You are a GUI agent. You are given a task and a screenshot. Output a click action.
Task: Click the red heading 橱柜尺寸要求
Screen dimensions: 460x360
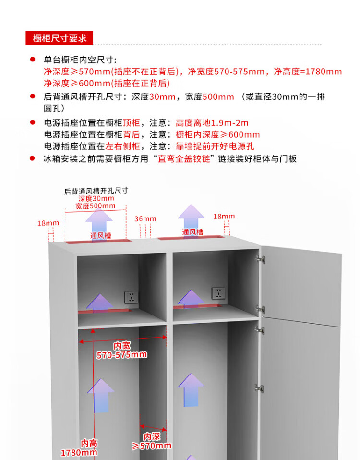coord(60,38)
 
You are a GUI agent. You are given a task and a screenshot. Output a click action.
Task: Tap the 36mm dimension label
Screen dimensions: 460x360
coord(145,219)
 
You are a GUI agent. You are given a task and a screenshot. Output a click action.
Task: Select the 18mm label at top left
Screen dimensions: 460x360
coord(48,223)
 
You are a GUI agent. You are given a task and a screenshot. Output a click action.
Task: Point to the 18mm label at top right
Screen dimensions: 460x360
coord(224,217)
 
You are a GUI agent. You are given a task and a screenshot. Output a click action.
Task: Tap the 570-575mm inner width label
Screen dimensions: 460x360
coord(121,355)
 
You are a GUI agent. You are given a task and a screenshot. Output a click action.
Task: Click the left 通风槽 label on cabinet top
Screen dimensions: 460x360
coord(100,236)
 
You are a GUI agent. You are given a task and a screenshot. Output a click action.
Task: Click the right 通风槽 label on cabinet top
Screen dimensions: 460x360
coord(192,232)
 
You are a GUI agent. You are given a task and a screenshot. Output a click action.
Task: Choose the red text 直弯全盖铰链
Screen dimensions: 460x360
coord(184,159)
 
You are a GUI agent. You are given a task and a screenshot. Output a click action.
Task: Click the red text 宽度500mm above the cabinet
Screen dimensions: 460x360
coord(96,206)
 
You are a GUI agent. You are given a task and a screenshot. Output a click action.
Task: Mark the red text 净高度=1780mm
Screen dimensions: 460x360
coord(308,72)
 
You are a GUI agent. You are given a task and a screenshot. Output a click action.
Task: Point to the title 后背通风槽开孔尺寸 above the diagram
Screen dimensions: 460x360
coord(96,191)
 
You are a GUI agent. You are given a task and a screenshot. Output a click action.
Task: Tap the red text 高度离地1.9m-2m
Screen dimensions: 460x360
coord(212,123)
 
